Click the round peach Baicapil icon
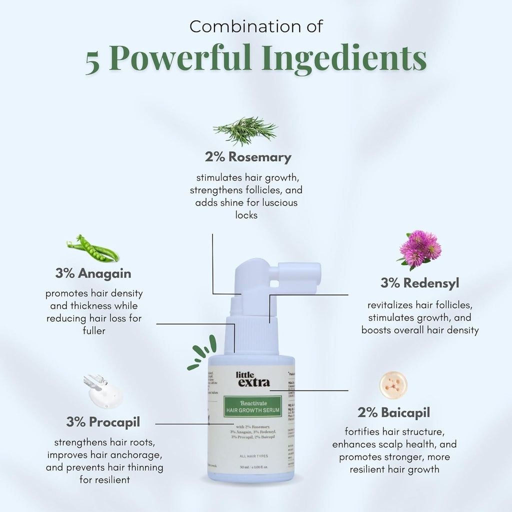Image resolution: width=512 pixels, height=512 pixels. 393,385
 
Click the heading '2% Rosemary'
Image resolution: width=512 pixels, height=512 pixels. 247,157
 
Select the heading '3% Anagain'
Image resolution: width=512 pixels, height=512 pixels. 93,274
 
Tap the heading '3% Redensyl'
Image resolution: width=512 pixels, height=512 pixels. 419,283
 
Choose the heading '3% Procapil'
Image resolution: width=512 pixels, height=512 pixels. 103,422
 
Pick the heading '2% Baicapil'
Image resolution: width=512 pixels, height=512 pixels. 393,412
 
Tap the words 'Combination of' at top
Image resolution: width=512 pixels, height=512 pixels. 256,26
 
